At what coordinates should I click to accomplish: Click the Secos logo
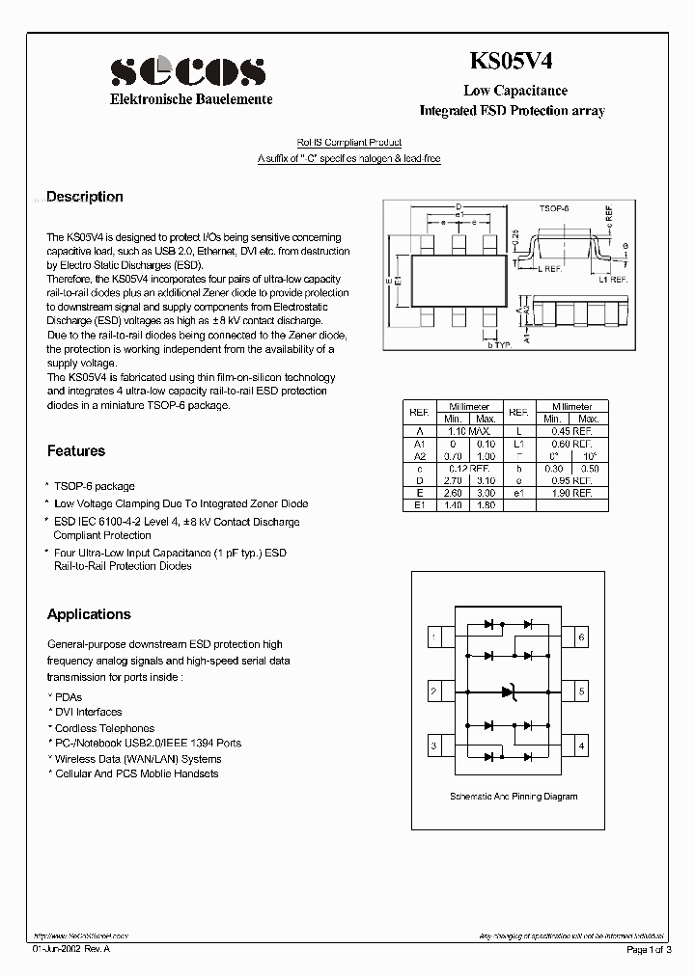[x=187, y=71]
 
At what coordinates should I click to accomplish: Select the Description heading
[x=85, y=197]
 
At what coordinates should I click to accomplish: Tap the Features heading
[x=76, y=450]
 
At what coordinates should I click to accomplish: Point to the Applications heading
[x=89, y=614]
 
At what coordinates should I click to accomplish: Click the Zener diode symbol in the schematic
[x=510, y=691]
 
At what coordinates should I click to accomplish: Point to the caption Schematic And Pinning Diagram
[x=514, y=797]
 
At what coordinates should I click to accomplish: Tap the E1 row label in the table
[x=419, y=504]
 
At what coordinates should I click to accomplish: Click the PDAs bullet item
[x=68, y=697]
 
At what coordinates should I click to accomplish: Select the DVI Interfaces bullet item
[x=88, y=713]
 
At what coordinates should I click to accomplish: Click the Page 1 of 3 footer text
[x=653, y=951]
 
